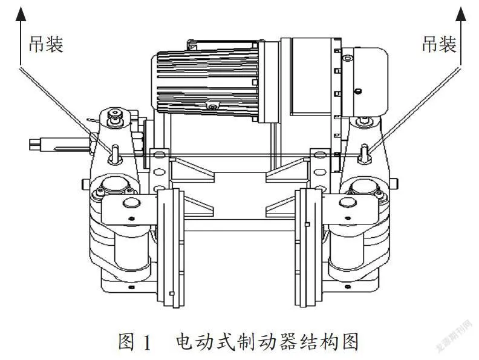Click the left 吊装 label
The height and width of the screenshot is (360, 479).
coord(46,44)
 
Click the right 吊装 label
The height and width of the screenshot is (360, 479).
coord(439,44)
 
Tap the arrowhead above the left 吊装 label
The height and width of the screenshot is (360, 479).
coord(21,15)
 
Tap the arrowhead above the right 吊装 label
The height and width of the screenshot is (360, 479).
coord(460,15)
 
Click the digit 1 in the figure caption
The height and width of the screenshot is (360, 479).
coord(147,342)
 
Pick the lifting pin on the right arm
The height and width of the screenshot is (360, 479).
coord(365,154)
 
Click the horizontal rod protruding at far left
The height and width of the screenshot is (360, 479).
coord(59,144)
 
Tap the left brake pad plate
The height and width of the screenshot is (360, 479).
coord(171,247)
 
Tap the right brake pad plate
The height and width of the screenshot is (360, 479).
coord(308,247)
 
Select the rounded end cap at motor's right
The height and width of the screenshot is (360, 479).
coord(365,82)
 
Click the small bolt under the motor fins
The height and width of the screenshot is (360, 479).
coord(212,106)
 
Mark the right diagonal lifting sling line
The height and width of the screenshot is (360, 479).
coord(414,110)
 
